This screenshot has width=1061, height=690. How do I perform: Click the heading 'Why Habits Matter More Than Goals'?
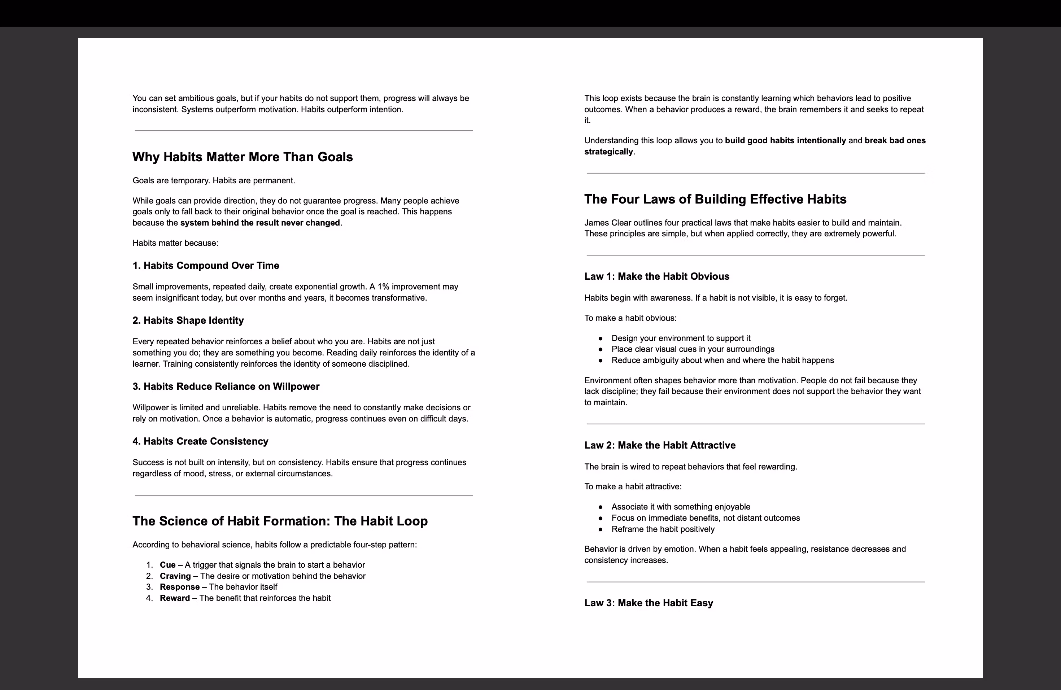tap(243, 157)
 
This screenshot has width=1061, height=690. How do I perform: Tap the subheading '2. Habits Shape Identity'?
tap(188, 320)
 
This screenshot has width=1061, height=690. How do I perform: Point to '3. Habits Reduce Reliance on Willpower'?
tap(226, 387)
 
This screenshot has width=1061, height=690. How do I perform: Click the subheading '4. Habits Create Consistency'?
tap(200, 441)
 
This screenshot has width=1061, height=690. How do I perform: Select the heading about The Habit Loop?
tap(280, 521)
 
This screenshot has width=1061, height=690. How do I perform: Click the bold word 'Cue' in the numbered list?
tap(167, 565)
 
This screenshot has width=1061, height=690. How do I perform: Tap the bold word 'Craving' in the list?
tap(175, 576)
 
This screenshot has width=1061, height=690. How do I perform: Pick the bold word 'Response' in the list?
tap(180, 587)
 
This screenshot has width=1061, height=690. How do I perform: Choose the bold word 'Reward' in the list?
tap(175, 598)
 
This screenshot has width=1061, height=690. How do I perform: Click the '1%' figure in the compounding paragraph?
tap(383, 287)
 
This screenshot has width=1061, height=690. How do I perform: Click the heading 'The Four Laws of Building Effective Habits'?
tap(715, 199)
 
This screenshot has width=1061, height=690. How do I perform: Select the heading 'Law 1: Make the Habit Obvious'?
tap(657, 276)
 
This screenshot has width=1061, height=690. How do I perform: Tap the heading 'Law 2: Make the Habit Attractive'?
tap(660, 445)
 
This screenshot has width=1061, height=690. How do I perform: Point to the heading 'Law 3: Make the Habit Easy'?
tap(649, 603)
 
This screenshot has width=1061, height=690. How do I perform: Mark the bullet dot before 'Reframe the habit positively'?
tap(601, 529)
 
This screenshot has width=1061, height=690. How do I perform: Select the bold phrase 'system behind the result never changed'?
tap(260, 223)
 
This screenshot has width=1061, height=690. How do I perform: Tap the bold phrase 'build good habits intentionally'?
tap(785, 140)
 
